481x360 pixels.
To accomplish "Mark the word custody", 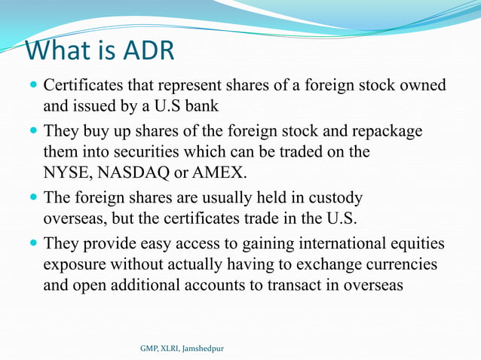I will (332, 198).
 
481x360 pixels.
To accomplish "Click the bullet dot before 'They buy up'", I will (34, 132).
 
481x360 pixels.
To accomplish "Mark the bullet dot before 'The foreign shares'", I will (34, 198).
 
